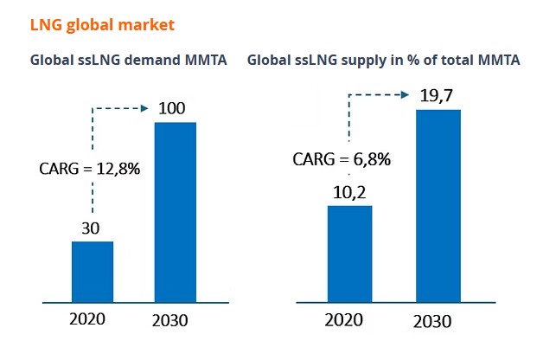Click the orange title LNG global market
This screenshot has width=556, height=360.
pyautogui.click(x=103, y=24)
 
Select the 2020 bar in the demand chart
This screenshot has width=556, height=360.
pyautogui.click(x=93, y=273)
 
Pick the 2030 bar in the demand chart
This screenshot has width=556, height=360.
pyautogui.click(x=176, y=213)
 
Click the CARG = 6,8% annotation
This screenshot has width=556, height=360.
pyautogui.click(x=341, y=158)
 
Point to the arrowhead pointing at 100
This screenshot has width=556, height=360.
pyautogui.click(x=144, y=108)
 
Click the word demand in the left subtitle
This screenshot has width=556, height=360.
pyautogui.click(x=149, y=61)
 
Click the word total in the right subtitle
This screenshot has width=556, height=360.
pyautogui.click(x=467, y=61)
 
